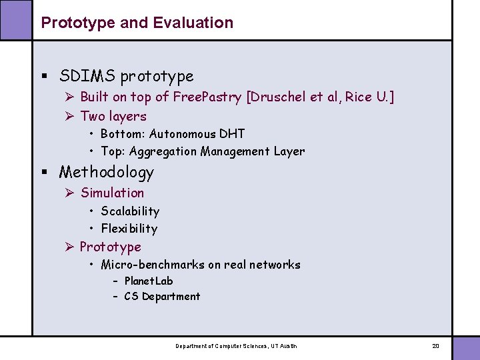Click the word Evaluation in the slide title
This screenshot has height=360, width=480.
(193, 23)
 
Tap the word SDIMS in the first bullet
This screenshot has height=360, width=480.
(84, 76)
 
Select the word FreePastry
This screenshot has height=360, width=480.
(207, 97)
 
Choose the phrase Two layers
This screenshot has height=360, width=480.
(113, 116)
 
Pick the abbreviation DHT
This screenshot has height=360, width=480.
(233, 134)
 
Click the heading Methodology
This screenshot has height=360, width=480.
(106, 172)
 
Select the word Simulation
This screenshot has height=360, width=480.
(112, 193)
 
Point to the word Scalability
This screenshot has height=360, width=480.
(130, 211)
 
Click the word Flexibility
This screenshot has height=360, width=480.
(129, 229)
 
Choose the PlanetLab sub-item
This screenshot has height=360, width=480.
(148, 281)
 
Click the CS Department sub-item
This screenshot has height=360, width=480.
(161, 297)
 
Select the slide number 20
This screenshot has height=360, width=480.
(435, 346)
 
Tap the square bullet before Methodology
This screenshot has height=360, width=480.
(45, 173)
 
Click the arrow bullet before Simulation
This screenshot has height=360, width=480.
(69, 193)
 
